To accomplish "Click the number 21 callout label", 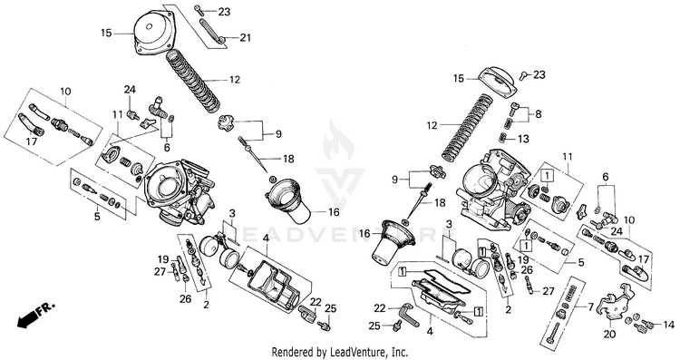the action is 246,38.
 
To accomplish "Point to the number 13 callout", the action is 524,139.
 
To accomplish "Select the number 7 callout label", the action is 590,307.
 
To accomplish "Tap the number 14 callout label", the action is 669,325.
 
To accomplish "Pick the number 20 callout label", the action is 610,335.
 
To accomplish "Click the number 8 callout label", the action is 539,114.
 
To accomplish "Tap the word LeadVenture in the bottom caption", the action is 355,351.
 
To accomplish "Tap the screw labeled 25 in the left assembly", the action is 324,326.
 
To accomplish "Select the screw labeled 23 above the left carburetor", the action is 199,9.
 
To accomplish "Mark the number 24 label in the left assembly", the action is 130,90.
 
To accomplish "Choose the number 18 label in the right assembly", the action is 440,202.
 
